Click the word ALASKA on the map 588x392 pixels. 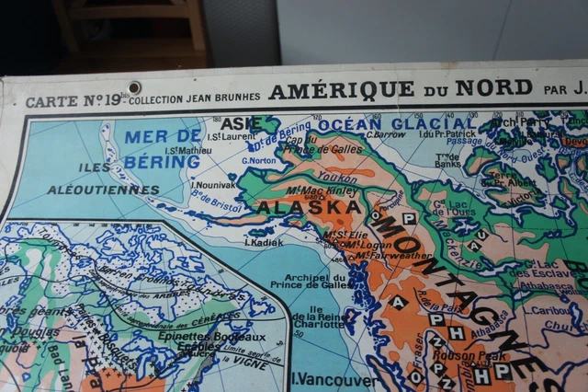309,207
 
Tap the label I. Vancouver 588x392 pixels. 333,378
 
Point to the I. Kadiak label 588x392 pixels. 263,242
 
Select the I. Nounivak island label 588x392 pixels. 213,184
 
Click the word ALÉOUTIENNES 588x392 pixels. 103,190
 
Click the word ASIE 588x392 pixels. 241,122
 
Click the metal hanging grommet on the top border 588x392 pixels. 135,87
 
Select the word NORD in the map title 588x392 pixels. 502,88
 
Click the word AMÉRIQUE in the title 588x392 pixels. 341,89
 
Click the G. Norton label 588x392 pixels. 260,159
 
